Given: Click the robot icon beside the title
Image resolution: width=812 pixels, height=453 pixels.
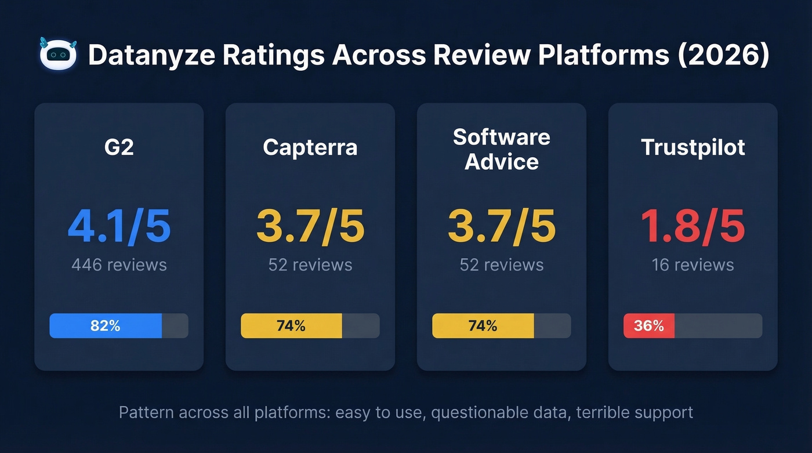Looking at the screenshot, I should coord(59,55).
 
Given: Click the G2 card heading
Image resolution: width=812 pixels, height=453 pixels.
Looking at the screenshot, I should coord(119,147).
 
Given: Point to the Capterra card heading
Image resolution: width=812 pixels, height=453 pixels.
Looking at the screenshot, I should coord(310,147).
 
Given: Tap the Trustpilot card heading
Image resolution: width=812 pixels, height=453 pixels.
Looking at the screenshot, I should coord(693,147).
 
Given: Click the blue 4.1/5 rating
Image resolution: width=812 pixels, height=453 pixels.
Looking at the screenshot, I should coord(119,227).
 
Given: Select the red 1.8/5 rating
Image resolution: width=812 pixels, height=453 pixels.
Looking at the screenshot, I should coord(693,227).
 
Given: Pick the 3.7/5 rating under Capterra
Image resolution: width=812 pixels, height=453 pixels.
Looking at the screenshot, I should coord(310,227).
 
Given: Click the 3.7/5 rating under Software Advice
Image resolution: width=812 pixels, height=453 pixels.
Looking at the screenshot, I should coord(502,227).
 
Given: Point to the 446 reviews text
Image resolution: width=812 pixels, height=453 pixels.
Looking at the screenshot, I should coord(119,265).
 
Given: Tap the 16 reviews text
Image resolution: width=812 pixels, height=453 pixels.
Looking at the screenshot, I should coord(693,265).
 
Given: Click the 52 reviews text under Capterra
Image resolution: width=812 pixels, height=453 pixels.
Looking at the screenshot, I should coord(310,265).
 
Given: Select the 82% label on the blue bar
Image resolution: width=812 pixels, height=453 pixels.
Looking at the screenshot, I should coord(105,326).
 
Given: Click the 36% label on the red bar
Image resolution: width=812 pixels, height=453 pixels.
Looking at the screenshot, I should coord(648,326).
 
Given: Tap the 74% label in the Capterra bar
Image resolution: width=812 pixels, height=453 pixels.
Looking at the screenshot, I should coord(291,326).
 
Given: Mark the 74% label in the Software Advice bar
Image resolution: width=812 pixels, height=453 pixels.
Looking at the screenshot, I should coord(483,326).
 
